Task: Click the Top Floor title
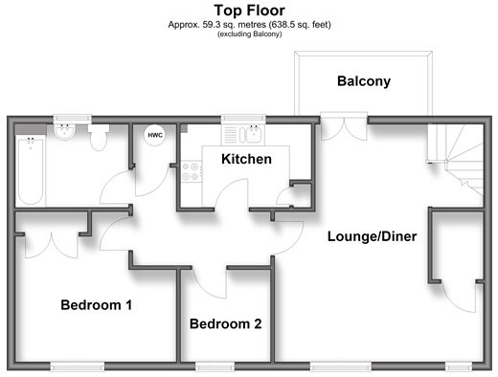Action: point(249,11)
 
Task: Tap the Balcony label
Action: point(364,81)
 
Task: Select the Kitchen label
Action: point(246,159)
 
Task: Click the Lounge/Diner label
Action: point(373,236)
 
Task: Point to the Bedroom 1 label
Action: point(97,305)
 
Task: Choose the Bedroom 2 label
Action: point(226,323)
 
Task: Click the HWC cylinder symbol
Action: point(155,135)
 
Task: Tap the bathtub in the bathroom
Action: point(31,170)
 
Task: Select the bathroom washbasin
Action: point(65,131)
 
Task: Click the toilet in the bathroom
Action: point(99,138)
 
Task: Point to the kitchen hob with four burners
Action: point(191,171)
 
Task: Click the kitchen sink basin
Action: point(255,134)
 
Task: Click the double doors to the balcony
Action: point(344,129)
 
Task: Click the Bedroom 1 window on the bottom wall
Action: point(78,366)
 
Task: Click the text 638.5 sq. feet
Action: point(300,25)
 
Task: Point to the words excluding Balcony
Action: point(250,33)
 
